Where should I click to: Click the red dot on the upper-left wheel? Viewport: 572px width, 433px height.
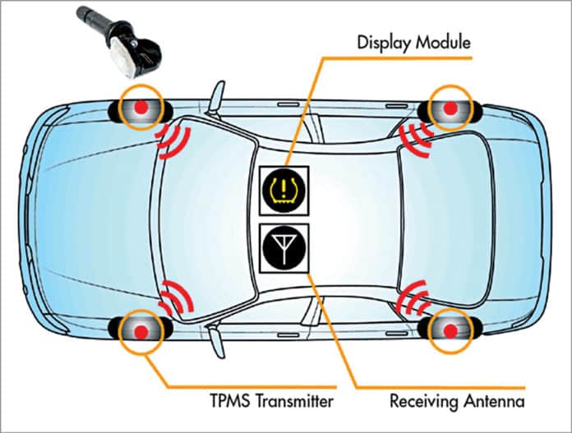[x=140, y=107]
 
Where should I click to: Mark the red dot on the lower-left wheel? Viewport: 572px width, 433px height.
[x=140, y=330]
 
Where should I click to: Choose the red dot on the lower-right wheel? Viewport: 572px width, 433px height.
[x=450, y=330]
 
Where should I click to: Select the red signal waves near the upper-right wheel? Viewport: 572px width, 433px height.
[x=413, y=136]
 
